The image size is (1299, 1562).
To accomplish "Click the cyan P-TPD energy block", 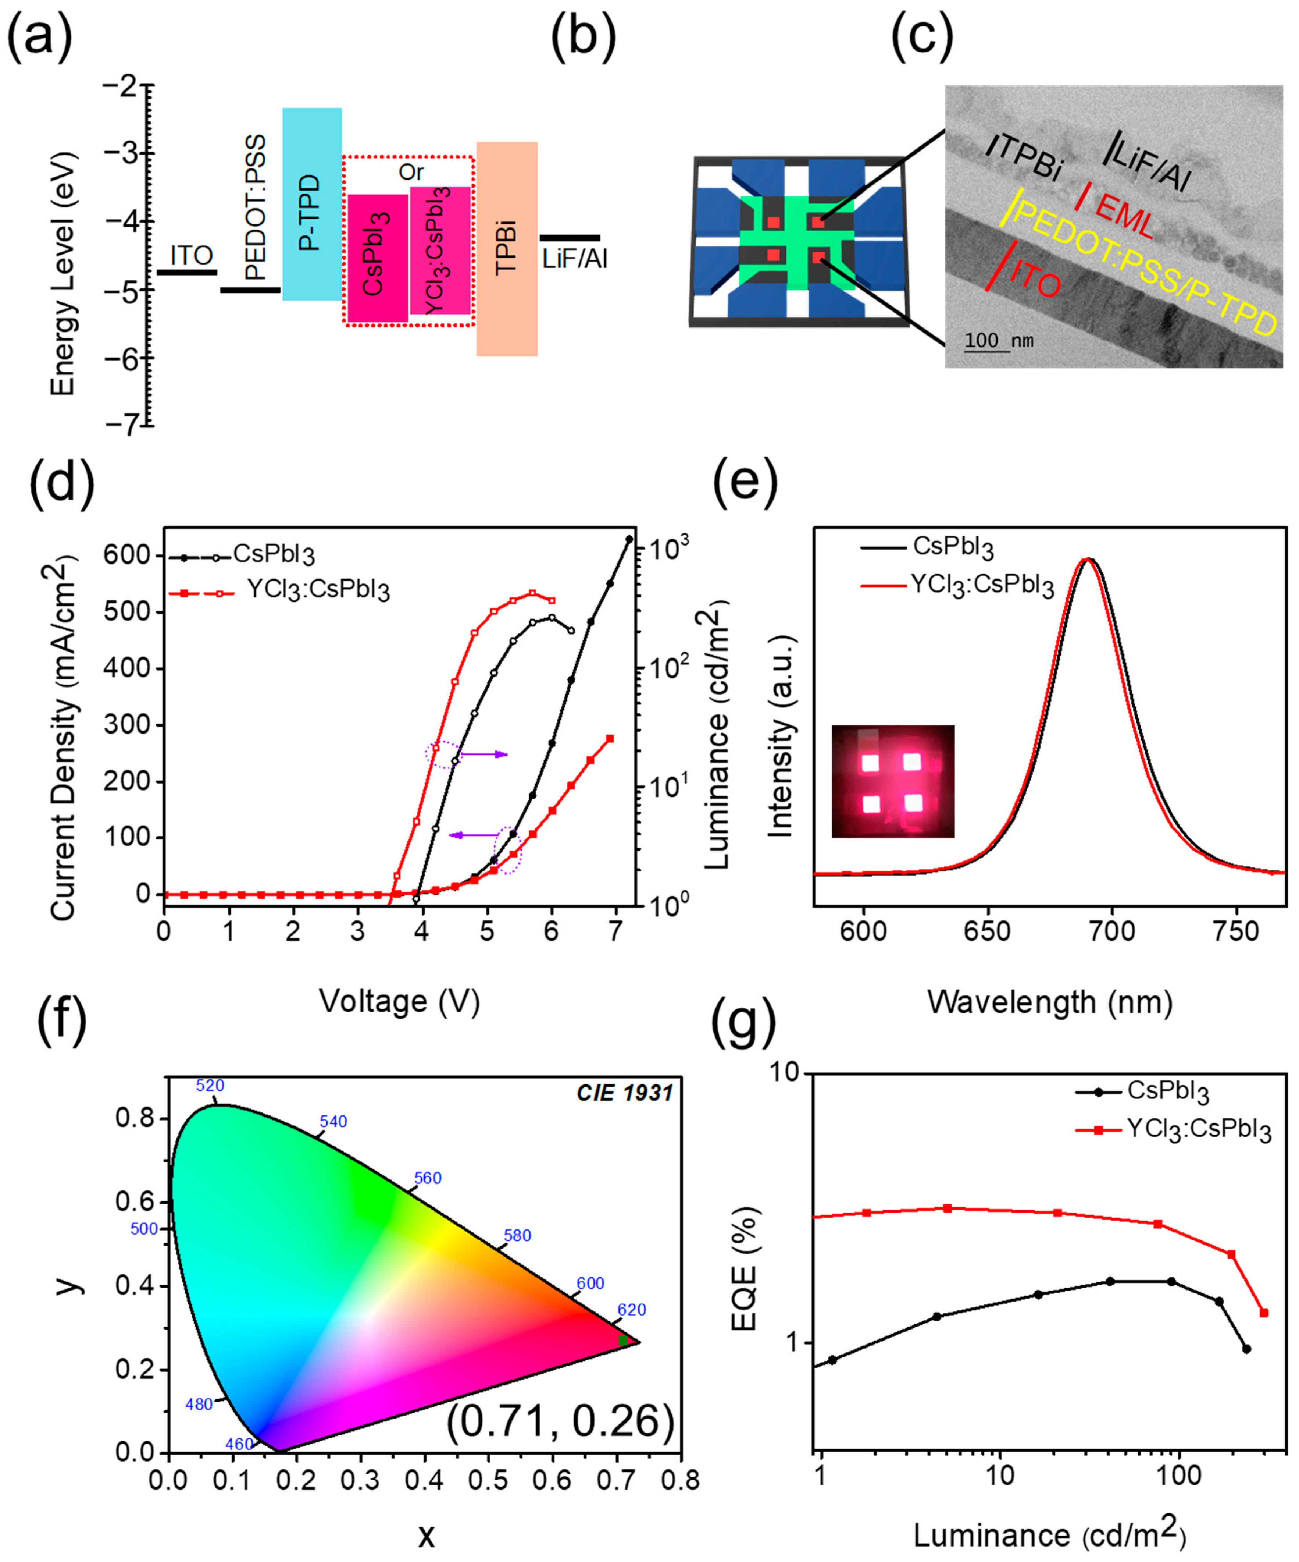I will coord(311,205).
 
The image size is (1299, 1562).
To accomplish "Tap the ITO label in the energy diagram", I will coord(192,256).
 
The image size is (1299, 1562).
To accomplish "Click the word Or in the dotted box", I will coord(411,173).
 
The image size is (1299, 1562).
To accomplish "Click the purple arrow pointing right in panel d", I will coord(483,754).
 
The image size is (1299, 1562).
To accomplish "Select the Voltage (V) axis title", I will coord(399,1001).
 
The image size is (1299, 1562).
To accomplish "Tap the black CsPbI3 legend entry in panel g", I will coord(1167,1091).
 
